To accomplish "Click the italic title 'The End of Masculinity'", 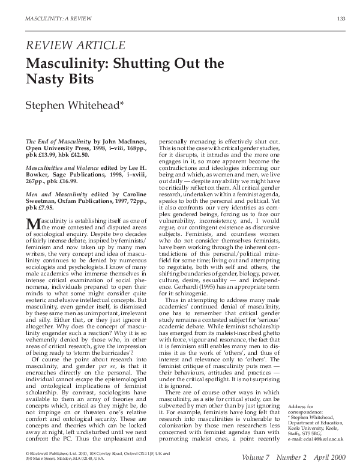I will click(57, 140).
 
